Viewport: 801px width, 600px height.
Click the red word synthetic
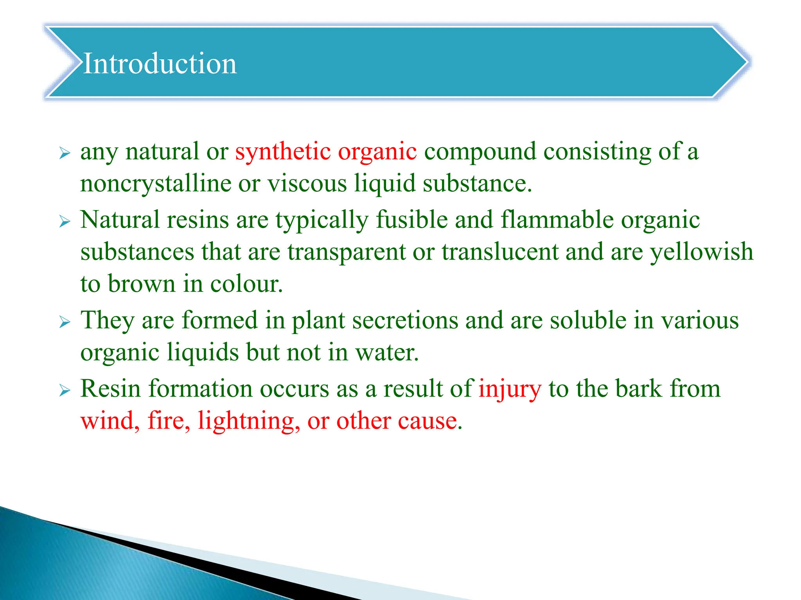(x=283, y=152)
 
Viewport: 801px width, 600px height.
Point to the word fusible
(x=411, y=220)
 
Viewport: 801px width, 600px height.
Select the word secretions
(x=405, y=320)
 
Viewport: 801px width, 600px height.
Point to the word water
(x=386, y=352)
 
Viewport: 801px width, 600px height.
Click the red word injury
(x=510, y=389)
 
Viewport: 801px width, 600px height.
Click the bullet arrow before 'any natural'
(x=65, y=154)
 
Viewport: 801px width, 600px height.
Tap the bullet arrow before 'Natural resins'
(x=65, y=221)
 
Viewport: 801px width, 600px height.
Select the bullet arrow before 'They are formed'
(x=65, y=322)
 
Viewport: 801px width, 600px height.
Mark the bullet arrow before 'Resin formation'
(x=65, y=391)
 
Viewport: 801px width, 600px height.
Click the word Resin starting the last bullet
(x=111, y=389)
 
